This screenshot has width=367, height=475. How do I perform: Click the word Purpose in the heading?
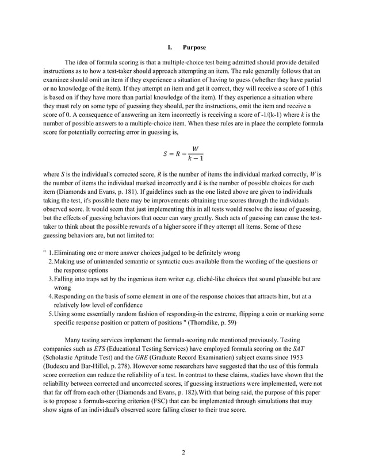coord(194,47)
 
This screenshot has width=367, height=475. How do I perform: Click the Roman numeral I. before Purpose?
coord(170,47)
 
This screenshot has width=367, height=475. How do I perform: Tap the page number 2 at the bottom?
coord(183,453)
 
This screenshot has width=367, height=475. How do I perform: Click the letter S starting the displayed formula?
coord(166,154)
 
